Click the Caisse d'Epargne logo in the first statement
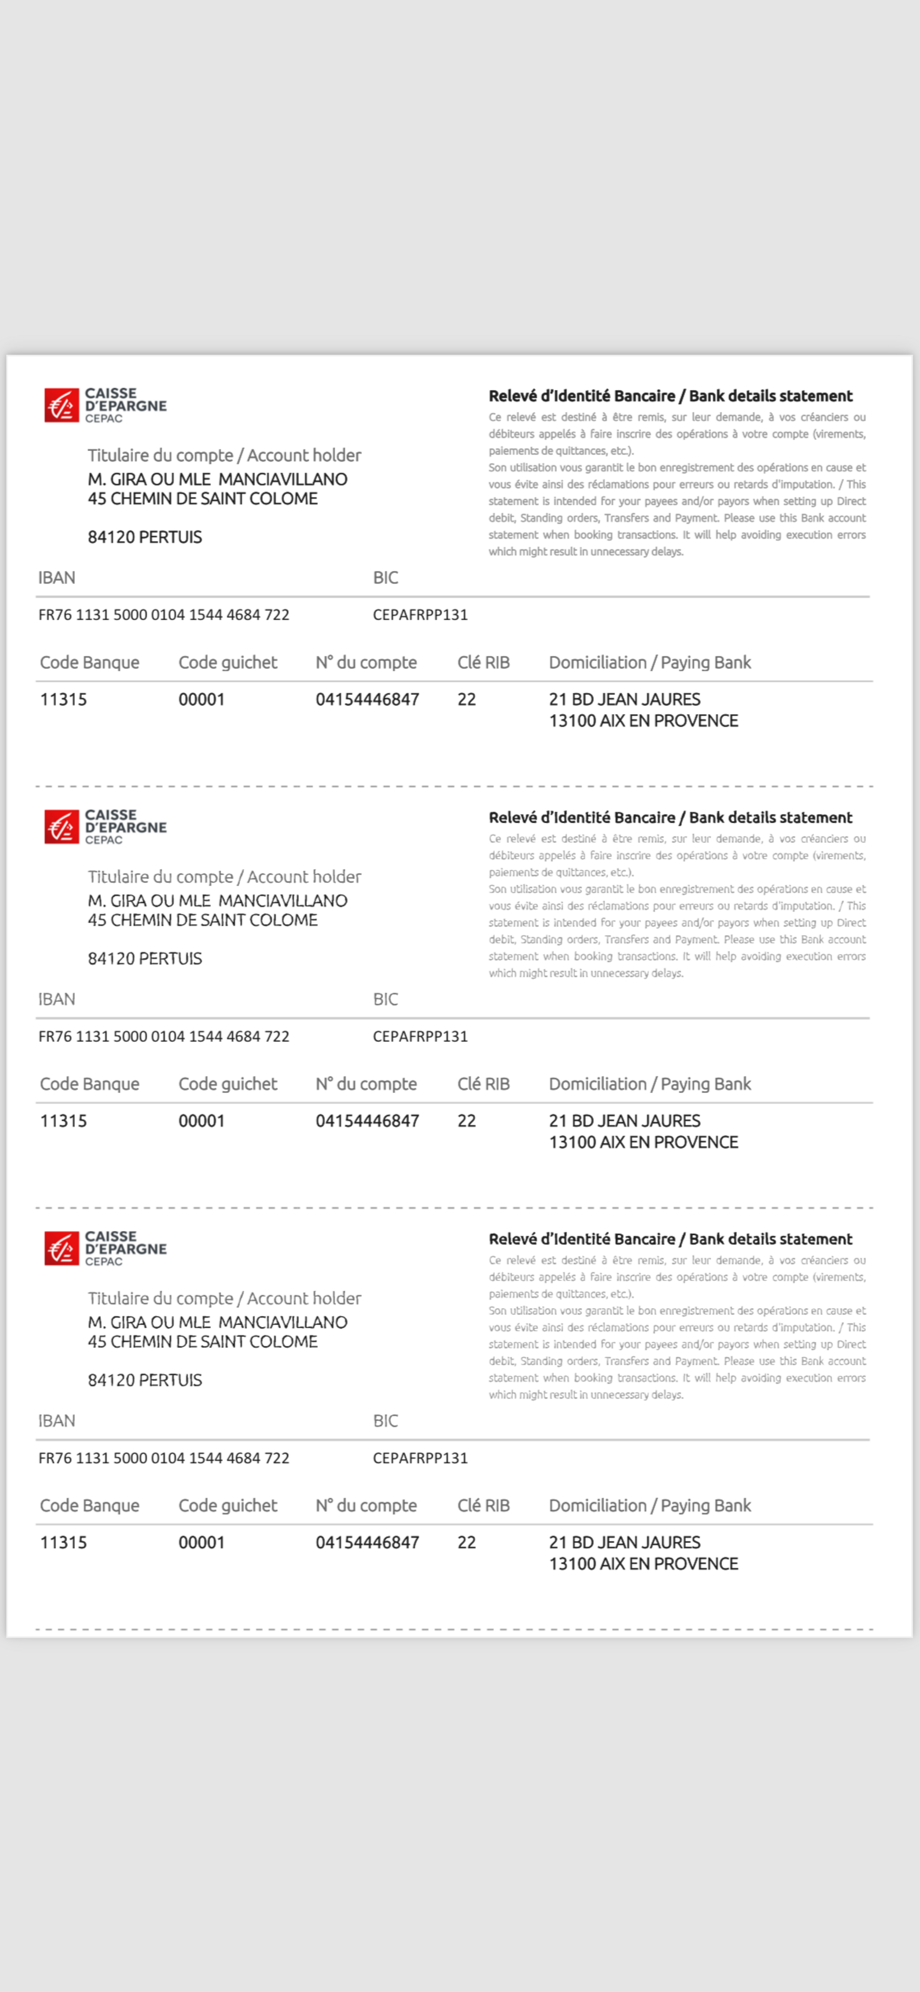(105, 405)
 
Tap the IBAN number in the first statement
(164, 615)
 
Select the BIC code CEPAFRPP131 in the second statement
(420, 1036)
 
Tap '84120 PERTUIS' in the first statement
(144, 537)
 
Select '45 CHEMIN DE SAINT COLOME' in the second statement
(202, 920)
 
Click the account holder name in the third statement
(217, 1322)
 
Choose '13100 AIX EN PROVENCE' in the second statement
(643, 1142)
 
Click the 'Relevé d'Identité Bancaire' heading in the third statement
(670, 1239)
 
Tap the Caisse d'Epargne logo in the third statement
(105, 1248)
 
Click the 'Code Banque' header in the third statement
(90, 1505)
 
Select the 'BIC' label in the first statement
(385, 578)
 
